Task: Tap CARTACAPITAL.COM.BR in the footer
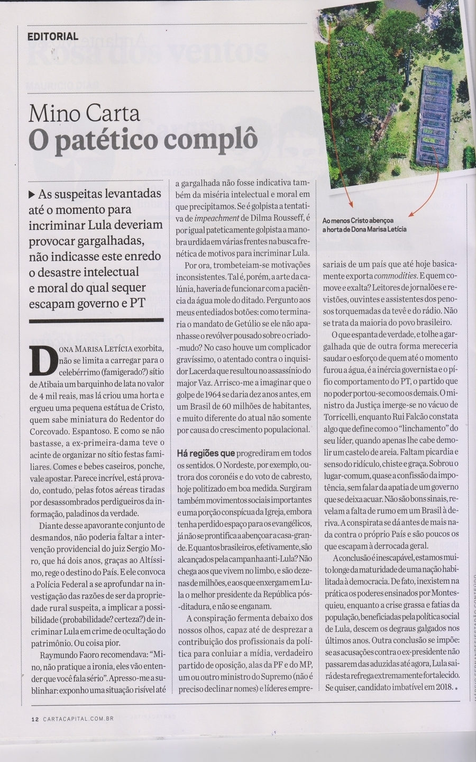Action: tap(79, 718)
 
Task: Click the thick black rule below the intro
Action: tap(96, 320)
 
